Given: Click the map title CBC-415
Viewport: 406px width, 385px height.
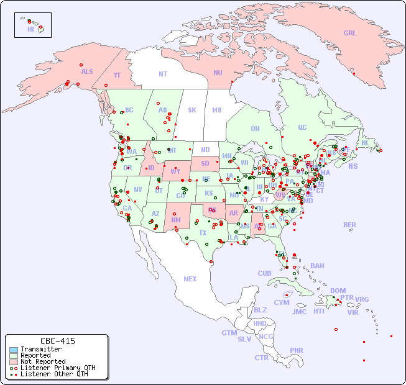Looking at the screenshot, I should (x=58, y=341).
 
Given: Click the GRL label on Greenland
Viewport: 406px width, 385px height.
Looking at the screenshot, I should (x=350, y=33).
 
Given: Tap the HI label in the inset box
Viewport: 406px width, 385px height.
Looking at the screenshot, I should (x=30, y=29).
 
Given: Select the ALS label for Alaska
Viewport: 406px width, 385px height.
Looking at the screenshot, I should (x=87, y=71).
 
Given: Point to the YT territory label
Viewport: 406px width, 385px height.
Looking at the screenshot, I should (x=117, y=75).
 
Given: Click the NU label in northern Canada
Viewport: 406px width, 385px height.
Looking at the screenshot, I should (x=218, y=73).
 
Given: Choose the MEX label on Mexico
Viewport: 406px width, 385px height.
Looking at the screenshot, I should (x=190, y=279).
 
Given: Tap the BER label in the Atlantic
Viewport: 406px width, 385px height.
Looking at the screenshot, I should (x=350, y=225).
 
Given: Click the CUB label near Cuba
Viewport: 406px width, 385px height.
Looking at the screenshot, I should (x=265, y=273).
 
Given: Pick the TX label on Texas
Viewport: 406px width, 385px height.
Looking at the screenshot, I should (x=203, y=233).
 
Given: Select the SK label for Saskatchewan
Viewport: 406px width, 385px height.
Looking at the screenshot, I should (x=192, y=110).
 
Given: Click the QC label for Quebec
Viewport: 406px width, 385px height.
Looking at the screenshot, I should (x=302, y=127).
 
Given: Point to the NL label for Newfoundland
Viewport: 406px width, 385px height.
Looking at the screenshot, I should (x=366, y=143).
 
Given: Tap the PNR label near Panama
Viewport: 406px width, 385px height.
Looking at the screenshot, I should (x=297, y=350).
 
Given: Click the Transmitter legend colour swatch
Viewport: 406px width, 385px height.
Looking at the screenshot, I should (x=14, y=350).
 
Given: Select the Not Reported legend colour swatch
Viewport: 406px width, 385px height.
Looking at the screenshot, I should (x=14, y=361).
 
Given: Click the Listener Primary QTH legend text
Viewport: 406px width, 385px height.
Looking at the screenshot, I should (x=57, y=368).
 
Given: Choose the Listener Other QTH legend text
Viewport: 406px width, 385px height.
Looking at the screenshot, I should (x=53, y=374).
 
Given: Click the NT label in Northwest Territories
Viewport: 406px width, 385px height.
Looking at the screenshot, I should (x=162, y=73).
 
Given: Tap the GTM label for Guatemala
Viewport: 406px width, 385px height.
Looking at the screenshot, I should (x=229, y=333).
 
